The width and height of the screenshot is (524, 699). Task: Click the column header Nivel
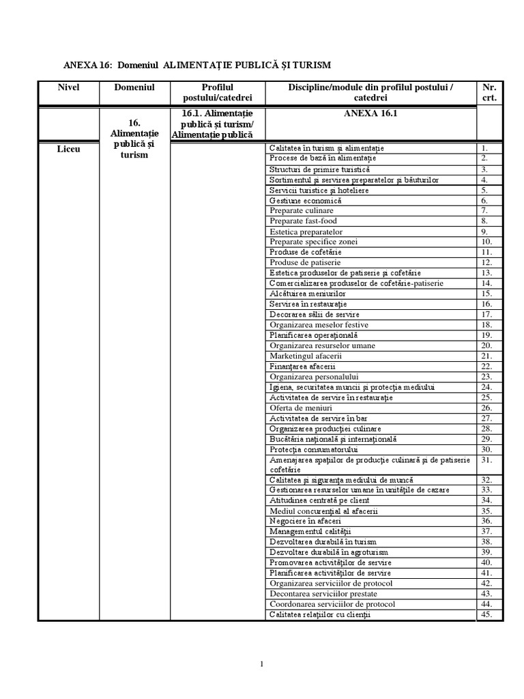(x=68, y=87)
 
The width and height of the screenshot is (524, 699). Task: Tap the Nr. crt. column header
(x=489, y=92)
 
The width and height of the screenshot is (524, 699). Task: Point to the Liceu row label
(x=68, y=149)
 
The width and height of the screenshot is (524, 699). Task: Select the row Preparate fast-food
(x=303, y=221)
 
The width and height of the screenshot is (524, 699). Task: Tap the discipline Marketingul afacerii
(x=306, y=356)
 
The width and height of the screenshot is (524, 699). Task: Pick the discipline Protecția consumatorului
(x=314, y=450)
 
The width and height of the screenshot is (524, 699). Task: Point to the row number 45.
(x=486, y=614)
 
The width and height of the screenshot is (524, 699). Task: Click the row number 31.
(x=486, y=460)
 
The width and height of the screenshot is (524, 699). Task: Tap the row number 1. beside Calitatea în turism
(x=484, y=148)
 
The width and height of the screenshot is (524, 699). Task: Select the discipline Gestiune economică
(x=305, y=201)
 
